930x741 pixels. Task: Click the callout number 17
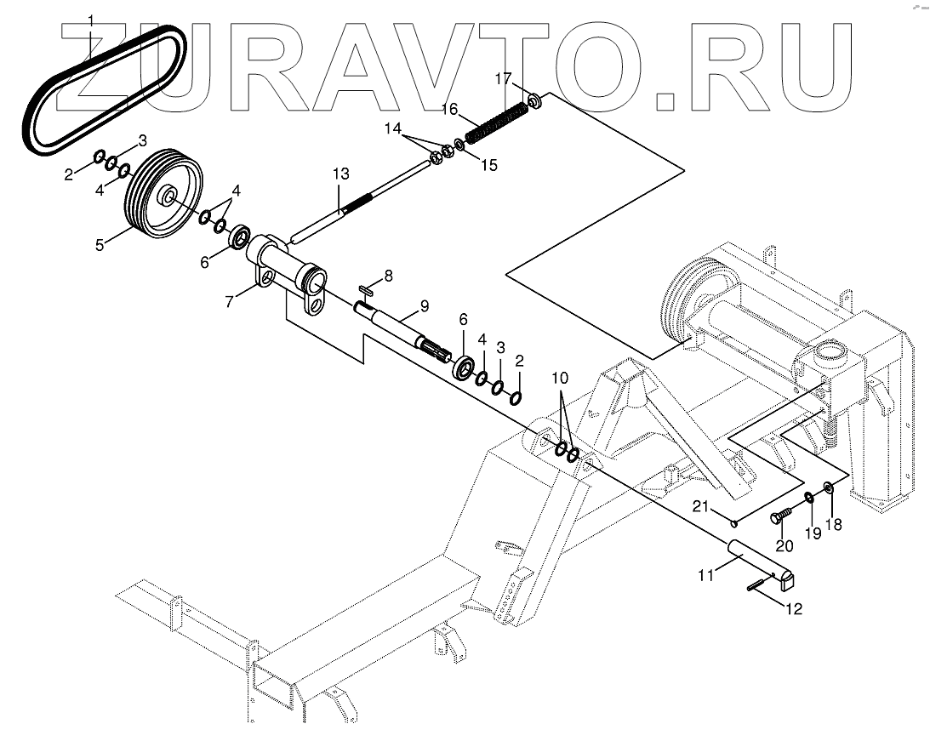(503, 79)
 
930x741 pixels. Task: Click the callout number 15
(488, 164)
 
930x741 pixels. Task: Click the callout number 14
(391, 129)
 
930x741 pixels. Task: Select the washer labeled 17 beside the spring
(536, 102)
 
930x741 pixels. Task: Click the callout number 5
(100, 245)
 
